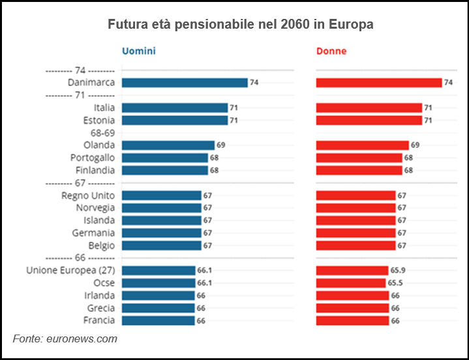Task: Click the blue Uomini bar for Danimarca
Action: (185, 83)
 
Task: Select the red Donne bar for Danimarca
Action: (379, 83)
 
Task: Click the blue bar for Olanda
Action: (168, 145)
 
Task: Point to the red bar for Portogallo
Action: (359, 158)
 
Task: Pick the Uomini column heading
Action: (138, 51)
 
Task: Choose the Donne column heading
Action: (331, 51)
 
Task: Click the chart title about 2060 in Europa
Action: (240, 25)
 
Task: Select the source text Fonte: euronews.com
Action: (65, 338)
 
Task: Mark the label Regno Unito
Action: (88, 196)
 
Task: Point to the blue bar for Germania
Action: (161, 233)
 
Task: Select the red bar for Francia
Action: (352, 320)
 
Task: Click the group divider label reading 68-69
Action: (102, 132)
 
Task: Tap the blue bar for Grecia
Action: (158, 308)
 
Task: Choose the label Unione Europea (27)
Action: (70, 270)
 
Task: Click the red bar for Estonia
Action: (369, 121)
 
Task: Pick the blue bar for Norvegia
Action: (161, 208)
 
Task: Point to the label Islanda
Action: (99, 220)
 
